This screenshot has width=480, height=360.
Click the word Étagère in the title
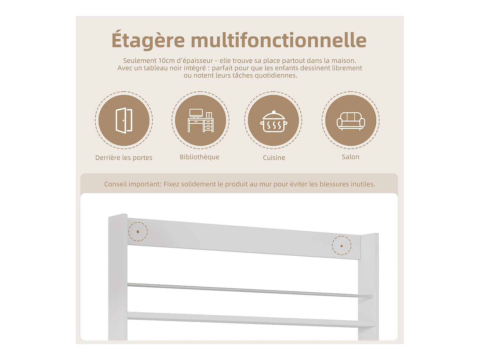[x=148, y=41]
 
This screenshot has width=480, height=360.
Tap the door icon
[x=124, y=120]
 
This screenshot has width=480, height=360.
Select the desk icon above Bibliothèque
[x=200, y=120]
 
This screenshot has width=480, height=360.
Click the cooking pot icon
[x=273, y=121]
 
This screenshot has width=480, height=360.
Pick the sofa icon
[x=351, y=121]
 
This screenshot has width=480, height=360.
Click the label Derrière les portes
[x=124, y=158]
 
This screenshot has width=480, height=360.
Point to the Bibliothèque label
[x=199, y=157]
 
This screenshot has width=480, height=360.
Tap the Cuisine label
[x=274, y=158]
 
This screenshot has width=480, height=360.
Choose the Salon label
[x=350, y=157]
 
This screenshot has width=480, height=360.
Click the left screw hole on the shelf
[x=138, y=231]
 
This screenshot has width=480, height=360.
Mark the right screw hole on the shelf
[x=341, y=246]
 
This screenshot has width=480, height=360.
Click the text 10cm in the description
[x=166, y=61]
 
